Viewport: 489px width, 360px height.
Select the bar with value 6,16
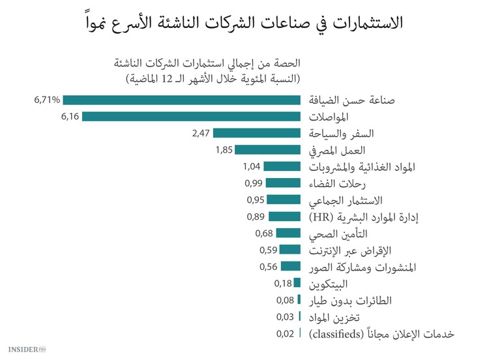pyautogui.click(x=191, y=117)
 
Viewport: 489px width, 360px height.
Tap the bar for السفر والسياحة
pyautogui.click(x=256, y=133)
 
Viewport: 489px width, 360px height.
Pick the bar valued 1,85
pyautogui.click(x=268, y=150)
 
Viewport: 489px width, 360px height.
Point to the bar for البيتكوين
pyautogui.click(x=297, y=283)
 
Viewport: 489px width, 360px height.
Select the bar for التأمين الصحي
pyautogui.click(x=288, y=233)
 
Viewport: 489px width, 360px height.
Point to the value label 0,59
pyautogui.click(x=269, y=250)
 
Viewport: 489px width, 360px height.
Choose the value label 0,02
pyautogui.click(x=285, y=333)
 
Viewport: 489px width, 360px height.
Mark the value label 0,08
pyautogui.click(x=285, y=300)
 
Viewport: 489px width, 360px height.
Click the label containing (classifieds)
pyautogui.click(x=380, y=334)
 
